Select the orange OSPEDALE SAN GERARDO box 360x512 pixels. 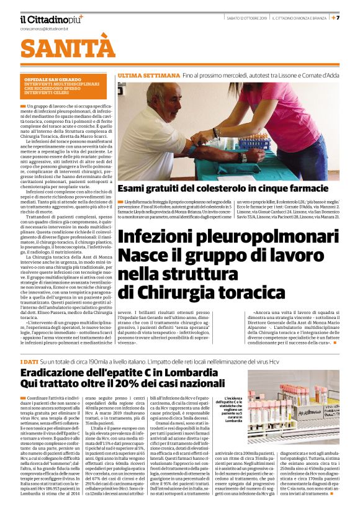pos(65,89)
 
